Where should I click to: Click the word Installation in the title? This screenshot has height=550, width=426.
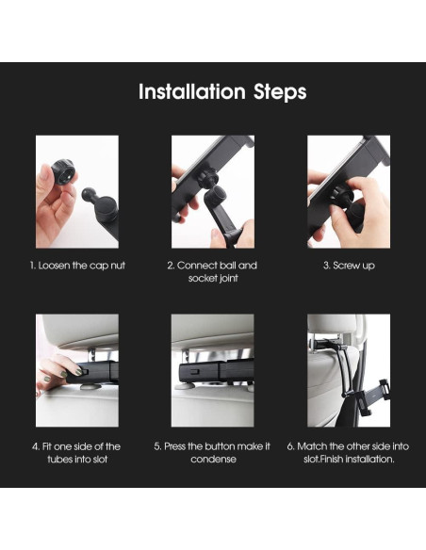pyautogui.click(x=192, y=91)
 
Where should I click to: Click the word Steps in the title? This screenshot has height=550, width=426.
pyautogui.click(x=280, y=93)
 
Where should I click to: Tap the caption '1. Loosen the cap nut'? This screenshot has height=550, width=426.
pyautogui.click(x=77, y=266)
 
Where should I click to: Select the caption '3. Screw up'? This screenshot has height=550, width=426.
pyautogui.click(x=349, y=266)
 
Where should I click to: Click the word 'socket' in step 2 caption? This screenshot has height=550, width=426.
pyautogui.click(x=202, y=278)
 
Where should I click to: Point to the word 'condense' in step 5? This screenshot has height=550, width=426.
pyautogui.click(x=213, y=460)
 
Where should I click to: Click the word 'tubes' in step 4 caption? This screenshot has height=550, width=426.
pyautogui.click(x=59, y=460)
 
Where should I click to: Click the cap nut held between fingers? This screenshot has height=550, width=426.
pyautogui.click(x=64, y=171)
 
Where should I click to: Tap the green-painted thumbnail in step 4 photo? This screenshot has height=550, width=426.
pyautogui.click(x=78, y=371)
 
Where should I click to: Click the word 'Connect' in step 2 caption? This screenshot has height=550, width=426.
pyautogui.click(x=197, y=266)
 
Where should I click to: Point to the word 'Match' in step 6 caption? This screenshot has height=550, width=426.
pyautogui.click(x=312, y=446)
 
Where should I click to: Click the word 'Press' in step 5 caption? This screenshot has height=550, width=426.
pyautogui.click(x=174, y=446)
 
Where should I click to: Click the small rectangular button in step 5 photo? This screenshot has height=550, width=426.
pyautogui.click(x=194, y=371)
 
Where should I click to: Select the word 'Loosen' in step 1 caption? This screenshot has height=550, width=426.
pyautogui.click(x=55, y=266)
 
